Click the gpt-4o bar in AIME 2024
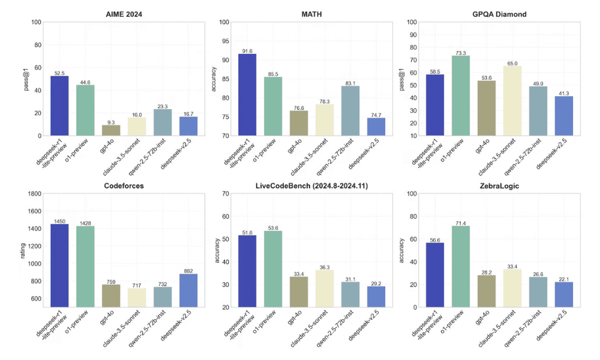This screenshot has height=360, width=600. click(110, 130)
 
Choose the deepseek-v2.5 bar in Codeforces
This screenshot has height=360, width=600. click(188, 290)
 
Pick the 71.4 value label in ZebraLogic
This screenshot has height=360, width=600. click(461, 222)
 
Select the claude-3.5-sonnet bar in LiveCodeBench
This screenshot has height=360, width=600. click(325, 288)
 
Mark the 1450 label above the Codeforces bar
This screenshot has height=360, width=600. click(59, 221)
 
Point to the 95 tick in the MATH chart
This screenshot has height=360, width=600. click(225, 41)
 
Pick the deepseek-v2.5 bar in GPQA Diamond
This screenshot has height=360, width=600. click(563, 115)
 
